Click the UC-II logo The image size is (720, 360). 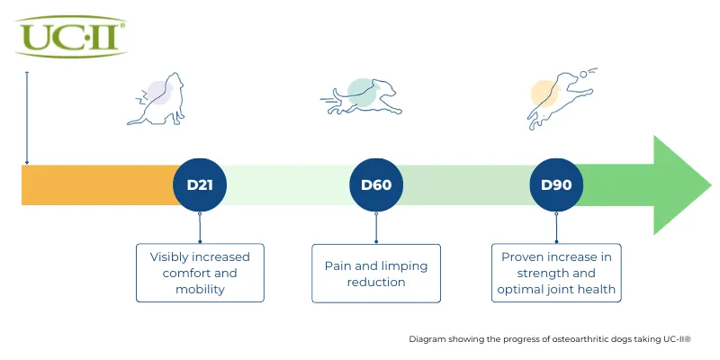(x=71, y=37)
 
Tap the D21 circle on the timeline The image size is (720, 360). (x=200, y=184)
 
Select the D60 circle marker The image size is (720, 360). (x=376, y=184)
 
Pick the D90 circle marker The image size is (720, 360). (x=556, y=184)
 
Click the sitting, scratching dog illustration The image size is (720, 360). (x=158, y=100)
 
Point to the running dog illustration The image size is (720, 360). (x=362, y=97)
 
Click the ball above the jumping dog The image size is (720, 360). (x=582, y=74)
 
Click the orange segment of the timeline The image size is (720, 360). (x=99, y=185)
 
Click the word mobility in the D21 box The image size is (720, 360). (x=200, y=289)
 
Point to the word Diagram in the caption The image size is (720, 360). (x=422, y=340)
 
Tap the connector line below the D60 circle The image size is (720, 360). (x=376, y=228)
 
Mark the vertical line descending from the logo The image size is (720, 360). (x=27, y=118)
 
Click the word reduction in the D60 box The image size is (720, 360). (x=376, y=282)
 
